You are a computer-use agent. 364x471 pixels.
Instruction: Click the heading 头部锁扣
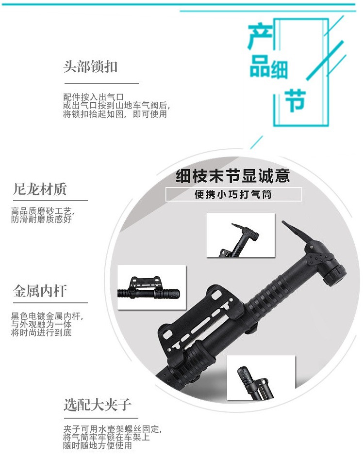pos(90,66)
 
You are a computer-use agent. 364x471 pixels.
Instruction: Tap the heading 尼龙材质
pos(40,189)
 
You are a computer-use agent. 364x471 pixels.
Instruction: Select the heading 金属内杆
pos(40,291)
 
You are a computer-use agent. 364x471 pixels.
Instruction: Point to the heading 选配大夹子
pos(97,405)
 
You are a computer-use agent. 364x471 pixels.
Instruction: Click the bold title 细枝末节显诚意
pos(233,176)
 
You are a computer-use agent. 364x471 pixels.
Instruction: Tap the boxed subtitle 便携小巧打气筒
pos(233,195)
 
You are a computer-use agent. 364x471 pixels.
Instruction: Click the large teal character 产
pos(260,38)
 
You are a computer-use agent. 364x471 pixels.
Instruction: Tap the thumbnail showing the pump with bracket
pos(151,287)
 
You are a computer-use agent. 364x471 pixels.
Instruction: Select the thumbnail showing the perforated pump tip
pos(261,377)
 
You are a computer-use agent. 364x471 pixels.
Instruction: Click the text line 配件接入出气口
pos(94,97)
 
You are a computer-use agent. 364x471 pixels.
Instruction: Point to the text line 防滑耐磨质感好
pos(41,220)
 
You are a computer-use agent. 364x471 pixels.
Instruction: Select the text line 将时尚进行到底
pos(41,334)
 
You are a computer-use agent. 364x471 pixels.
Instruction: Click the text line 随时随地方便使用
pos(98,446)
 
